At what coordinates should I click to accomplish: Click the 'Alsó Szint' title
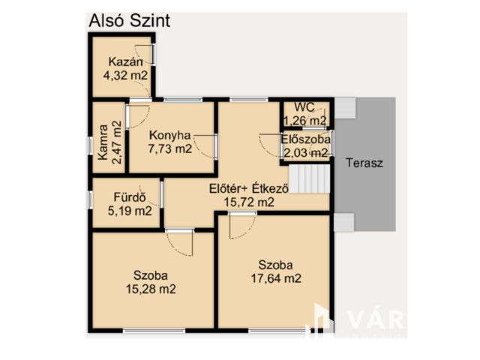click(x=129, y=21)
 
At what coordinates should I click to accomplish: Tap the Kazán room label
click(x=125, y=61)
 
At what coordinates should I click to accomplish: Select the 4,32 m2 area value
click(x=125, y=75)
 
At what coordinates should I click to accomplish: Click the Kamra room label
click(x=103, y=142)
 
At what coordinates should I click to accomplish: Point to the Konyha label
click(x=170, y=135)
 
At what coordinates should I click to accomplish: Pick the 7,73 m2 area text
click(x=170, y=148)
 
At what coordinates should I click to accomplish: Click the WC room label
click(x=304, y=107)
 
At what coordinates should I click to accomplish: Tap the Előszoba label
click(x=306, y=139)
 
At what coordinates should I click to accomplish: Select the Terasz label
click(x=364, y=163)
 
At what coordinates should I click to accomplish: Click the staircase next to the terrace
click(x=309, y=178)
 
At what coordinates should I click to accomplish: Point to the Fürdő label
click(x=130, y=197)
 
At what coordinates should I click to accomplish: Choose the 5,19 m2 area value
click(x=130, y=211)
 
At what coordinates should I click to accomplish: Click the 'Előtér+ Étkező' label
click(x=249, y=188)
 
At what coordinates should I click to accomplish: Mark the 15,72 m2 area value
click(x=249, y=202)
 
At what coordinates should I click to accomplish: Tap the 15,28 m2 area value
click(x=151, y=289)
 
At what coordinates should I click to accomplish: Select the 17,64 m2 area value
click(x=276, y=278)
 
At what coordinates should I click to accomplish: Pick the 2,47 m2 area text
click(x=117, y=142)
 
